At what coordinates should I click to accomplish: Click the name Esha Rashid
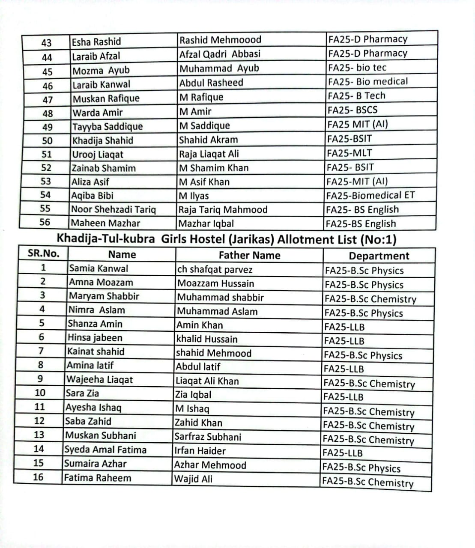click(96, 42)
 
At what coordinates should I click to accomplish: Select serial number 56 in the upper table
click(45, 222)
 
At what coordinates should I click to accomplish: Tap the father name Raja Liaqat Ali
click(209, 154)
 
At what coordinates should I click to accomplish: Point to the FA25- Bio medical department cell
click(367, 81)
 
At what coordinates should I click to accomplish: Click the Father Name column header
click(249, 256)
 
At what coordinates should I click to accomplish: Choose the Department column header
click(379, 256)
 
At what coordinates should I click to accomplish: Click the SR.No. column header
click(43, 253)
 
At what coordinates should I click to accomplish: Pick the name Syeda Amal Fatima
click(105, 450)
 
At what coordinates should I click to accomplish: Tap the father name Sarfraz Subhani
click(208, 437)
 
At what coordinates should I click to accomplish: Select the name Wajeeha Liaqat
click(99, 379)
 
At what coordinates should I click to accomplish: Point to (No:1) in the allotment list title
click(378, 240)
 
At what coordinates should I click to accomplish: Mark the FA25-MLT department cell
click(350, 153)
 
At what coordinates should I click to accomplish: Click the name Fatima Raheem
click(98, 478)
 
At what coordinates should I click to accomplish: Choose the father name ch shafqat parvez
click(215, 270)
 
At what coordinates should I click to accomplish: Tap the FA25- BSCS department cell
click(353, 110)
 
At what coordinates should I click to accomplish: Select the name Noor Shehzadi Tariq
click(114, 209)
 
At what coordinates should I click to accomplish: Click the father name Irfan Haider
click(200, 451)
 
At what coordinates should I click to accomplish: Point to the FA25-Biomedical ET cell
click(370, 195)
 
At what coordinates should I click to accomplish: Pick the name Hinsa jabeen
click(95, 338)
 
